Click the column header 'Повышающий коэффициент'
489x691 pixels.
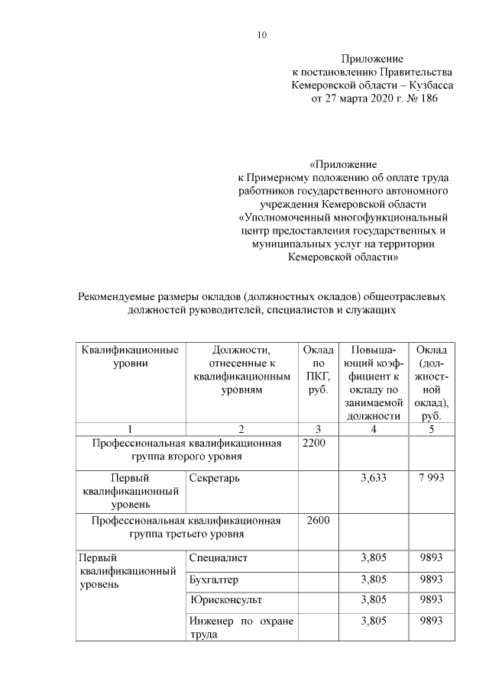[x=373, y=383]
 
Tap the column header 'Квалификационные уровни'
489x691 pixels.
[x=130, y=357]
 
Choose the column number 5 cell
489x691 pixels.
[x=431, y=428]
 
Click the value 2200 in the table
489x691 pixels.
[x=316, y=444]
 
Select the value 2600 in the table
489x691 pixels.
[x=316, y=521]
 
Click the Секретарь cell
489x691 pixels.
[x=215, y=477]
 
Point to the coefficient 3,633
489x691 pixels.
[x=373, y=477]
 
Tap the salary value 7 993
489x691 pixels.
[x=431, y=477]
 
